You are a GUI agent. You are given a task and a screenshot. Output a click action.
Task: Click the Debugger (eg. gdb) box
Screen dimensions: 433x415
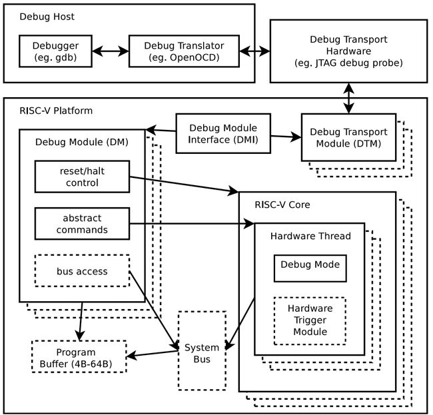pyautogui.click(x=55, y=51)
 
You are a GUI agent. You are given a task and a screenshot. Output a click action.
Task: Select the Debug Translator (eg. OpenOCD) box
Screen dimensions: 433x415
pyautogui.click(x=184, y=51)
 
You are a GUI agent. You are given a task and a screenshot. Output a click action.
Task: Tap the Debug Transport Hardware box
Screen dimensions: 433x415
pyautogui.click(x=349, y=51)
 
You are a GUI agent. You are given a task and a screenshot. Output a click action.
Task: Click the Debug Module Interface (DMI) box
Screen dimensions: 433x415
pyautogui.click(x=223, y=133)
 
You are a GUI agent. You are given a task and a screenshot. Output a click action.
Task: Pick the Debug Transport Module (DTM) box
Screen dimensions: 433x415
pyautogui.click(x=349, y=137)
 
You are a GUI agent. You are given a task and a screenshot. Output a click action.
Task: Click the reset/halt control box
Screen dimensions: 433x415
pyautogui.click(x=82, y=177)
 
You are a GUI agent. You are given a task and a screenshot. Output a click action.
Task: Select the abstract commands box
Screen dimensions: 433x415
pyautogui.click(x=82, y=224)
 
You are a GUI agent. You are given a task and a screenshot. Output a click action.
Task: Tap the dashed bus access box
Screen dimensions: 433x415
pyautogui.click(x=82, y=271)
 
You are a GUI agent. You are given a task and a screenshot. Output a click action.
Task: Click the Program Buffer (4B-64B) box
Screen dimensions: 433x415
pyautogui.click(x=79, y=356)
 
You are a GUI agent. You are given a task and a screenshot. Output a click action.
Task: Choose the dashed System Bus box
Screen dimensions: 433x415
pyautogui.click(x=202, y=350)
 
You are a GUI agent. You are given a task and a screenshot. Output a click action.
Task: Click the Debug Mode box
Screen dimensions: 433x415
pyautogui.click(x=310, y=268)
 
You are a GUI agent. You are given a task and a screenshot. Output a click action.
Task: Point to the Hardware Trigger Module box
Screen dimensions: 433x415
pyautogui.click(x=310, y=321)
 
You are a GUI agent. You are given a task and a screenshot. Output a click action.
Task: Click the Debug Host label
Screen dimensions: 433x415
pyautogui.click(x=47, y=17)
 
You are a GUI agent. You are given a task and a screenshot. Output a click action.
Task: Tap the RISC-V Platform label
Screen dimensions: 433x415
pyautogui.click(x=56, y=111)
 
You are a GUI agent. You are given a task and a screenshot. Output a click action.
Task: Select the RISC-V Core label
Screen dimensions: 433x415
pyautogui.click(x=282, y=205)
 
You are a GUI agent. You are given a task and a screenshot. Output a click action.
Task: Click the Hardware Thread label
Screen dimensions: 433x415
pyautogui.click(x=310, y=236)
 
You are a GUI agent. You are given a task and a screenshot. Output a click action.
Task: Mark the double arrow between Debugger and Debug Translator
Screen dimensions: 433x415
pyautogui.click(x=111, y=51)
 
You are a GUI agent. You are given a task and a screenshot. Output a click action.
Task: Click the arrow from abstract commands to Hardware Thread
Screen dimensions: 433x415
pyautogui.click(x=192, y=224)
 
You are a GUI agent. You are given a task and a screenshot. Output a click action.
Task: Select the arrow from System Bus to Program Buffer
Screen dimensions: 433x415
pyautogui.click(x=152, y=354)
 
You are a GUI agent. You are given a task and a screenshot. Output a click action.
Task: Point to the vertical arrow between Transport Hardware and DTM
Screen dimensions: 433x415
pyautogui.click(x=349, y=99)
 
